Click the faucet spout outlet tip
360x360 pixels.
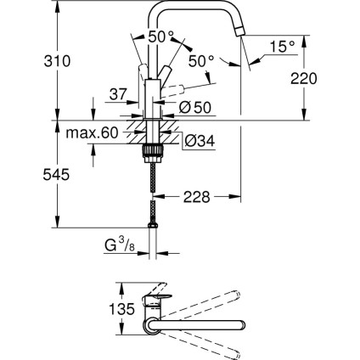click(x=240, y=30)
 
